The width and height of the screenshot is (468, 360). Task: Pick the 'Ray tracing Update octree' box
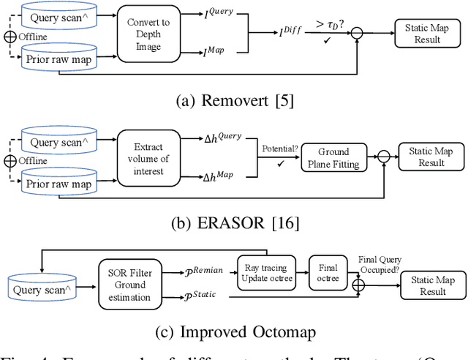pyautogui.click(x=266, y=269)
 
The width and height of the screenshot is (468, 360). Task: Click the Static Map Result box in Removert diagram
pyautogui.click(x=426, y=34)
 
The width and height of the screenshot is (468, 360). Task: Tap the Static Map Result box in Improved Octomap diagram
pyautogui.click(x=431, y=285)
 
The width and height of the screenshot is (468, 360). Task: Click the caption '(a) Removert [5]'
pyautogui.click(x=234, y=101)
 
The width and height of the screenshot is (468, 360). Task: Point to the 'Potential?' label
pyautogui.click(x=276, y=149)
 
